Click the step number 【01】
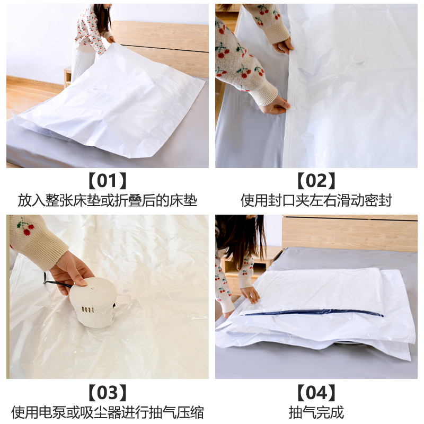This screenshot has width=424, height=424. point(108,181)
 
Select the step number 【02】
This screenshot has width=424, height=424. point(316,181)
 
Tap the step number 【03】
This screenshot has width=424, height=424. point(108,393)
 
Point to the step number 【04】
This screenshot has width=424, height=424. point(316,393)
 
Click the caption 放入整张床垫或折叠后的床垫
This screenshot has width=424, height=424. point(108,200)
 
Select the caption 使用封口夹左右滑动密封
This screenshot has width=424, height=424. point(316,200)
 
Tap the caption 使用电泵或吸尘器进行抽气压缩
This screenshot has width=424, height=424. point(108,412)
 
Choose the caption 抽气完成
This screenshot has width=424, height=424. point(316,412)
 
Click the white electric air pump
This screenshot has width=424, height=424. point(94,303)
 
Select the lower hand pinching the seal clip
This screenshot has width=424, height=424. point(275,105)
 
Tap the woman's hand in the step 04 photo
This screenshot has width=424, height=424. point(250,294)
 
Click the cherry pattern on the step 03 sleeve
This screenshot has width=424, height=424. point(25,227)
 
